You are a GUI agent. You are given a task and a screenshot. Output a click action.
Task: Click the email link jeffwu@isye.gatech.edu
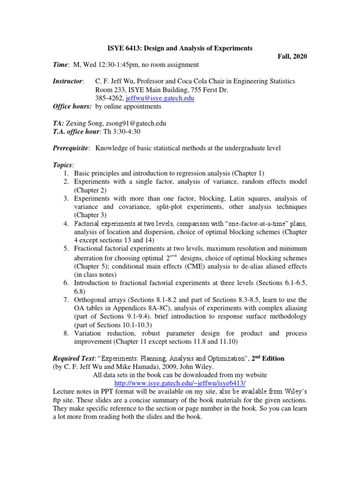coord(161,98)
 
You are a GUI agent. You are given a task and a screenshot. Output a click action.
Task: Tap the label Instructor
coord(68,81)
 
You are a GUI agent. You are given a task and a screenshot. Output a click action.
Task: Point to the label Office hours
coord(72,106)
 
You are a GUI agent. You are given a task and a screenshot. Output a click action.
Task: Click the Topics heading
coord(63,165)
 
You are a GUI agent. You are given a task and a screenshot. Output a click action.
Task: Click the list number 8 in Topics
coord(66,333)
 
